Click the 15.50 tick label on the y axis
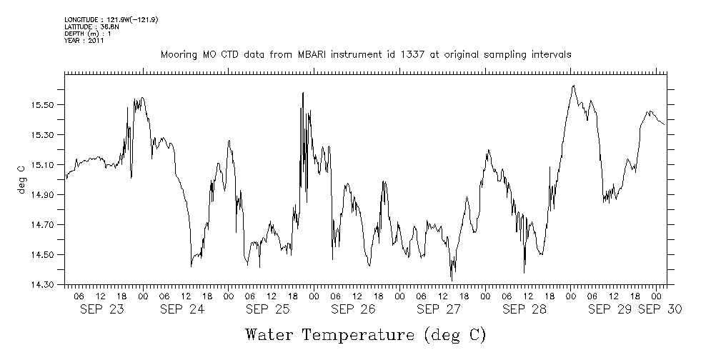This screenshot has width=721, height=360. pos(45,105)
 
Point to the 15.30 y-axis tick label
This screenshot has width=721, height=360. pos(45,135)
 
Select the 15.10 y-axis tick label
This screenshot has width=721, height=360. pos(45,165)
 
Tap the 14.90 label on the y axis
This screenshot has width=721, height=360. pos(45,195)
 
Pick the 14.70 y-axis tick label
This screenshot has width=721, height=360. pos(45,225)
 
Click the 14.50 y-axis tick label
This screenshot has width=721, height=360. pos(45,255)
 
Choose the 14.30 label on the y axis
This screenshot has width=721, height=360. pos(45,285)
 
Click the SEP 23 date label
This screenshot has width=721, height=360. pos(96,309)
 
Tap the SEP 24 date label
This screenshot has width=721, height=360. pos(182,309)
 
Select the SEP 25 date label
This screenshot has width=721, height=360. pos(268,309)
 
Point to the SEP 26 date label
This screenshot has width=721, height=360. pos(354,309)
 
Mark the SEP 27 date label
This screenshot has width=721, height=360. pos(439,309)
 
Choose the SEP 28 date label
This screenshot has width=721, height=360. pos(524,309)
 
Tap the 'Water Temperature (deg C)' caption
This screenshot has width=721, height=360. pos(365,334)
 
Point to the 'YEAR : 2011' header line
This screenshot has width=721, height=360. pos(84,41)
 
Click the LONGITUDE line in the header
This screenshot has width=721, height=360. pos(111,19)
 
